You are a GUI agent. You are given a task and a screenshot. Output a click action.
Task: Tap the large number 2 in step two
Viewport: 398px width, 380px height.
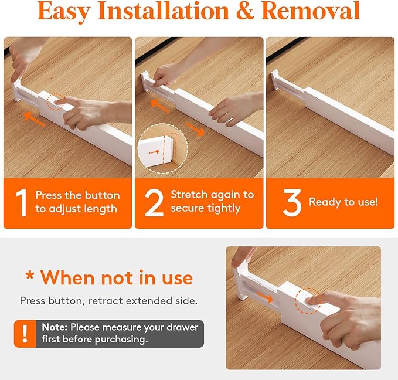pyautogui.click(x=154, y=202)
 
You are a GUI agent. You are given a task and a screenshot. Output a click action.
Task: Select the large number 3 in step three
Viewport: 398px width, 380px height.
pyautogui.click(x=291, y=202)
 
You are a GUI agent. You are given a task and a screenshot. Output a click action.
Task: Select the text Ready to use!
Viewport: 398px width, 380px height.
pyautogui.click(x=343, y=202)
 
